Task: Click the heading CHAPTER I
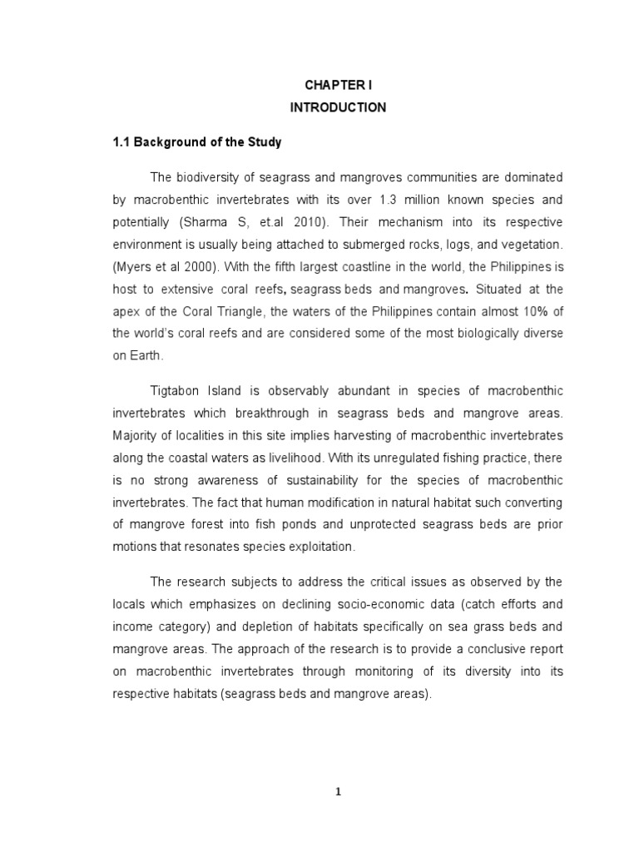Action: tap(338, 85)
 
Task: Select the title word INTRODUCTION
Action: tap(338, 107)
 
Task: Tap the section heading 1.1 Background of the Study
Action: tap(197, 142)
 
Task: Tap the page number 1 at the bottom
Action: tap(338, 792)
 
